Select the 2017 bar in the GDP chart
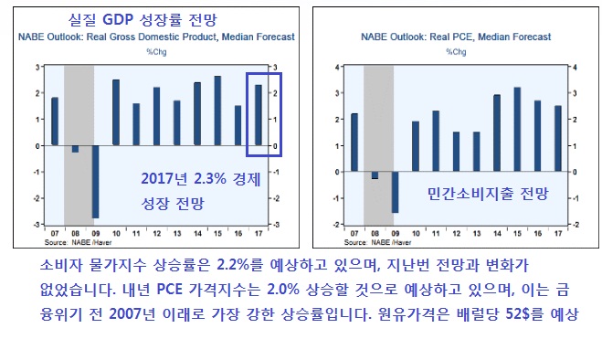coord(259,115)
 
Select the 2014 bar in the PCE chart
coord(497,133)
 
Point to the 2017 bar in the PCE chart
coord(557,139)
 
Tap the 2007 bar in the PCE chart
coord(354,143)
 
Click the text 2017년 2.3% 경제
coord(201,179)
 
